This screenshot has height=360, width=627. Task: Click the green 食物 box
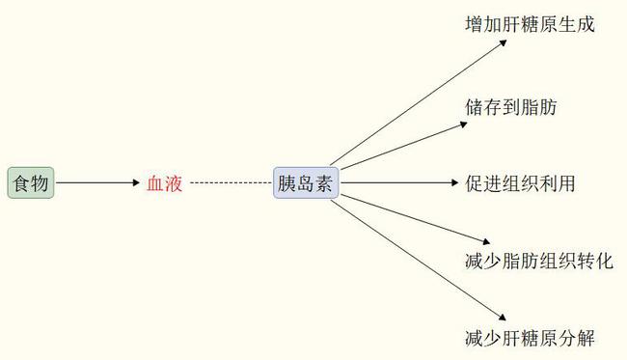point(31,182)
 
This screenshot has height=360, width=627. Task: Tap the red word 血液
point(164,183)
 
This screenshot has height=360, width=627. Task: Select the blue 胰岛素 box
point(306,182)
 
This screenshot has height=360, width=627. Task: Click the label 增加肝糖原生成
point(530,24)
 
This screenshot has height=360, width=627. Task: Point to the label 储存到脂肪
point(511,107)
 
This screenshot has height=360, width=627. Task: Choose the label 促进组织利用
point(520,183)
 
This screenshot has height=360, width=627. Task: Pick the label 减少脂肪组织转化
point(539,262)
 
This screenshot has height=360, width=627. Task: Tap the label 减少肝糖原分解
point(530,339)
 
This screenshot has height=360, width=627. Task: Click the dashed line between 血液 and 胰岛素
point(231,182)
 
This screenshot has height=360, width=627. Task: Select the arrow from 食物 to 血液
point(97,182)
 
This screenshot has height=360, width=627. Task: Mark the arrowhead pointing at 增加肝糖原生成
point(503,42)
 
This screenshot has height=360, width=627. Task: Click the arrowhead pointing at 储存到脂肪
point(463,125)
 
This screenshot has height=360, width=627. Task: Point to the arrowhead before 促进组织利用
point(454,182)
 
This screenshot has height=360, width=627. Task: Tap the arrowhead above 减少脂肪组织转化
point(486,241)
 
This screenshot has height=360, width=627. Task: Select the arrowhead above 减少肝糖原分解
point(503,318)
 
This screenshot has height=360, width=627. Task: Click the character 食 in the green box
point(21,183)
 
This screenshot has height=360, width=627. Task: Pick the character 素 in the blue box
point(323,183)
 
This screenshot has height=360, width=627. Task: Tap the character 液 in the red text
point(174,183)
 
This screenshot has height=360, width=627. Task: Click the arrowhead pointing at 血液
point(136,182)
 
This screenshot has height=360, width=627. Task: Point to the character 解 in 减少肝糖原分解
point(586,339)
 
